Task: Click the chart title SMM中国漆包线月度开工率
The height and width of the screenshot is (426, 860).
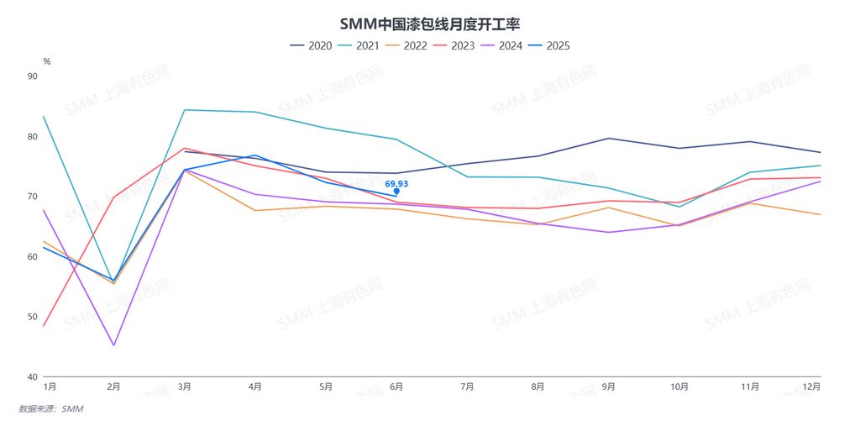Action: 429,24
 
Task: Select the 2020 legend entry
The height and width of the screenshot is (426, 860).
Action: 311,45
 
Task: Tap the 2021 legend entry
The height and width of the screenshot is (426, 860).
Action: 359,45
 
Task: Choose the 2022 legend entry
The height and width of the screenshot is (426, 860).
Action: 406,45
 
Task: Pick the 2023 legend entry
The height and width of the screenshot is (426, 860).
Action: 454,45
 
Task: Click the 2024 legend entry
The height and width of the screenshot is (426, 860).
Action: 502,45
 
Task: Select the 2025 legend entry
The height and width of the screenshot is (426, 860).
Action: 549,45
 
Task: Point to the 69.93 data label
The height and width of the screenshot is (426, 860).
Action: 396,183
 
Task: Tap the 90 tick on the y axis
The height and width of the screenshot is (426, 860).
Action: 33,76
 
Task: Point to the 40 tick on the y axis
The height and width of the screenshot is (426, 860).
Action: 33,377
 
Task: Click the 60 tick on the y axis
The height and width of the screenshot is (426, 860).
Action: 33,257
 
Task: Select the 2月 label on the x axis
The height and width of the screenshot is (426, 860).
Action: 113,387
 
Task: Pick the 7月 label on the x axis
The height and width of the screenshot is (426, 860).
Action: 467,387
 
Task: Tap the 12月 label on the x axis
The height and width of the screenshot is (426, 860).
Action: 811,387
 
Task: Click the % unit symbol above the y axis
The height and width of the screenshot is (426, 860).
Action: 47,61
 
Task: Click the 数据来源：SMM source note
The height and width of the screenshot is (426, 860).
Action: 51,409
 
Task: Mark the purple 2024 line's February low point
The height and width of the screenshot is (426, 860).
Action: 113,345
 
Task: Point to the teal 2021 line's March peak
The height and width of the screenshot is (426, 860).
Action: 184,110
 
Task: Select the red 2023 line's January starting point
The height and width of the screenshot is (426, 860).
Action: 44,326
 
